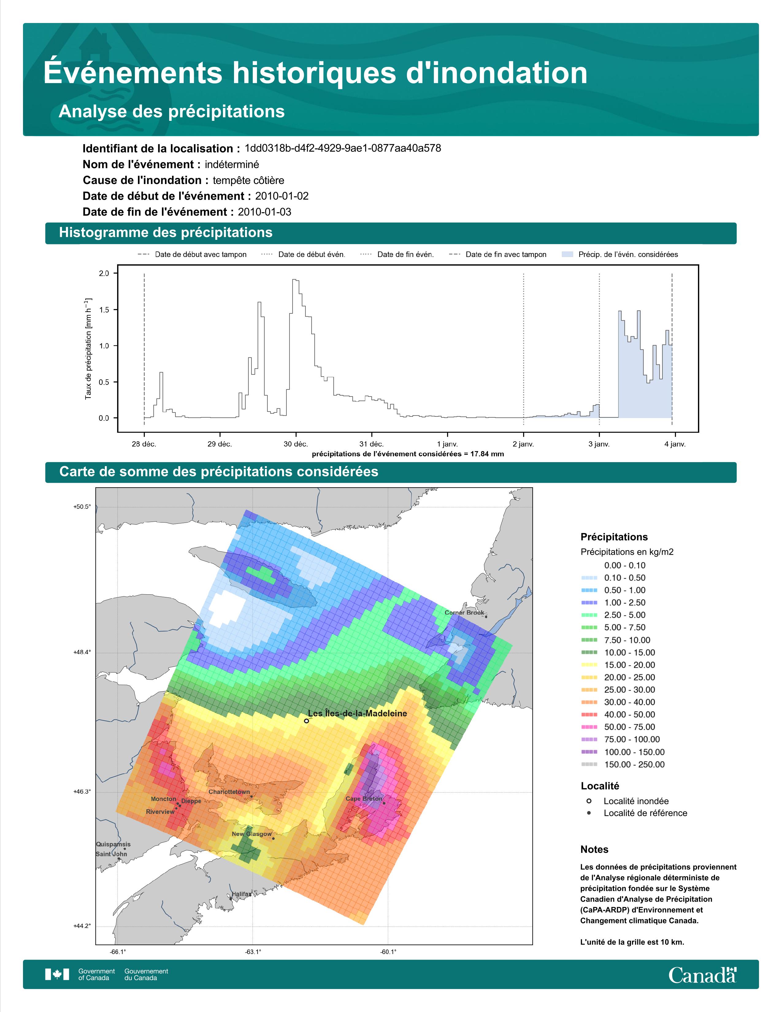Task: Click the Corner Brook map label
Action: pyautogui.click(x=464, y=613)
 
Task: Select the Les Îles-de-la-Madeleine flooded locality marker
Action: pyautogui.click(x=306, y=721)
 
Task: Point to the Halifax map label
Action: pyautogui.click(x=241, y=894)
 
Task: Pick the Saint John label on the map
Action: pyautogui.click(x=111, y=854)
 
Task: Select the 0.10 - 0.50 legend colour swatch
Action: pyautogui.click(x=589, y=578)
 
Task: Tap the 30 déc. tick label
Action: pyautogui.click(x=296, y=444)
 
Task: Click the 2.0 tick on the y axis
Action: pyautogui.click(x=104, y=273)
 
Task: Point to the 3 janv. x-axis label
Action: pyautogui.click(x=599, y=444)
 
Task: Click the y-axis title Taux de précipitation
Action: pyautogui.click(x=88, y=348)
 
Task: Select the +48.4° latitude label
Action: pyautogui.click(x=82, y=652)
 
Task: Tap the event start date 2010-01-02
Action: pyautogui.click(x=282, y=196)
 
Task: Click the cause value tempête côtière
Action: pyautogui.click(x=248, y=180)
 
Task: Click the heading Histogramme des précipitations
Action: pyautogui.click(x=166, y=233)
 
